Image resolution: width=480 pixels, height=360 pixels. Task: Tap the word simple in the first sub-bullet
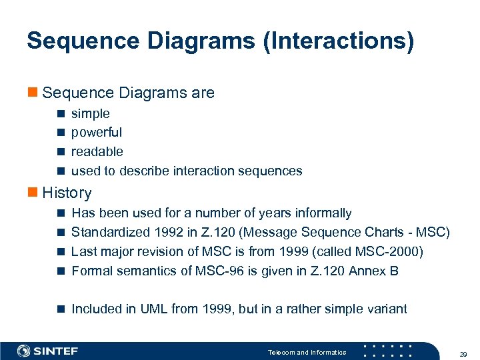coord(91,114)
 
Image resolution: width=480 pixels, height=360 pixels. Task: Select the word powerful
coord(97,133)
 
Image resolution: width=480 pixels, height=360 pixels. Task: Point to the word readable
coord(97,151)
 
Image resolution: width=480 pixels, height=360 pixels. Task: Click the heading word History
coord(67,193)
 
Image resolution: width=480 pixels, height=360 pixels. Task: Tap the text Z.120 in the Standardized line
coord(221,233)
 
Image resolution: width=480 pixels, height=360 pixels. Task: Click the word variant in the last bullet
coord(385,309)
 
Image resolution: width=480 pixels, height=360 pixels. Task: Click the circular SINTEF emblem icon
coord(24,351)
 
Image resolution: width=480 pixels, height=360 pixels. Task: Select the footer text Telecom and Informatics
coord(307,352)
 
